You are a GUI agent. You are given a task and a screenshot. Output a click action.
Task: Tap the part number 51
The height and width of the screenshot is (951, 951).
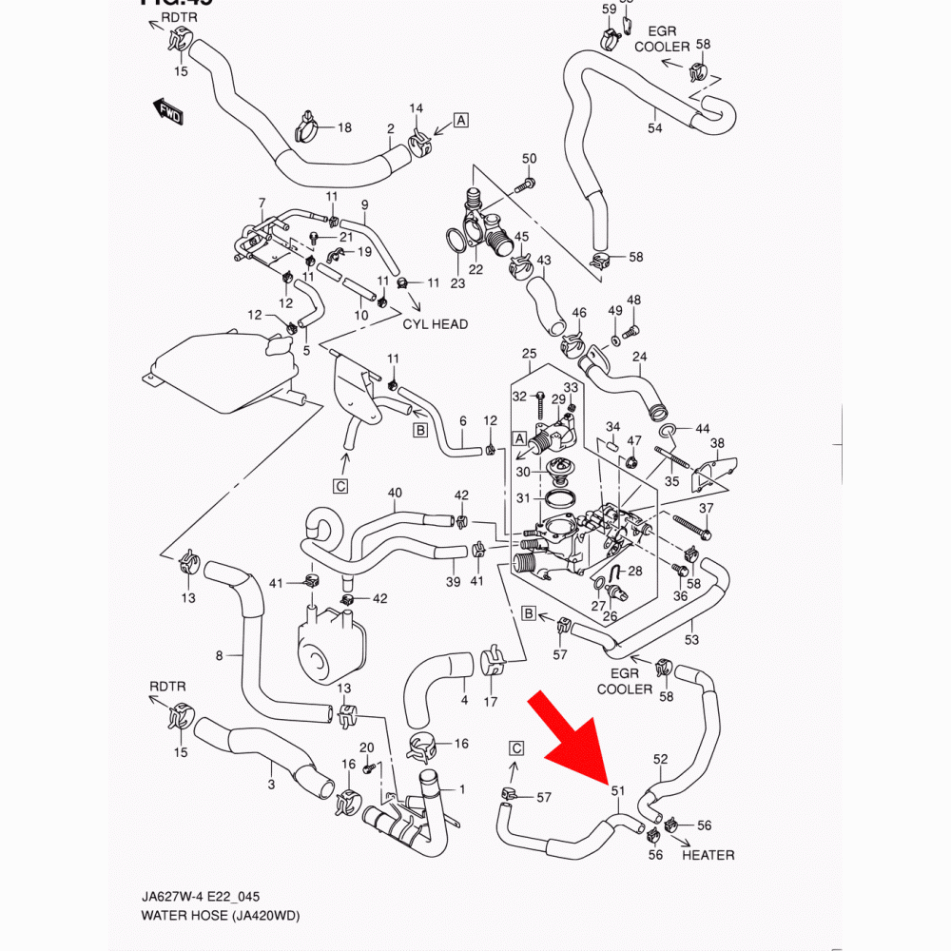(x=617, y=790)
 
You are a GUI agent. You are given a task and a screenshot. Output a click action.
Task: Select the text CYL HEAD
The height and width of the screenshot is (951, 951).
(x=436, y=324)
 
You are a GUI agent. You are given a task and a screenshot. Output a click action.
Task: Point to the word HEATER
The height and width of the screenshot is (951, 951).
(x=708, y=855)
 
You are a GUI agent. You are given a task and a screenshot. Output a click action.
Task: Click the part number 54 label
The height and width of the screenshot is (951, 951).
(x=654, y=128)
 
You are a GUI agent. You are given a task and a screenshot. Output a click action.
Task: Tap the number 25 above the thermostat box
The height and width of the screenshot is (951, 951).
(x=530, y=355)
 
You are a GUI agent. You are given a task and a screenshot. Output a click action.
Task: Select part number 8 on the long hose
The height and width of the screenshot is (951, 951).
(x=219, y=654)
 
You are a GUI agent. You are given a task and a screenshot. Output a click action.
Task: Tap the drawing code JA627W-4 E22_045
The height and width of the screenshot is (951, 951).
(x=195, y=897)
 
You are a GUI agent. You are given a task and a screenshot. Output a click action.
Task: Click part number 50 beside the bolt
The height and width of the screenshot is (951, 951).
(x=530, y=158)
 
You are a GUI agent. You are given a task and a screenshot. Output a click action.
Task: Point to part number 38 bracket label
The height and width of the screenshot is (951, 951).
(x=717, y=443)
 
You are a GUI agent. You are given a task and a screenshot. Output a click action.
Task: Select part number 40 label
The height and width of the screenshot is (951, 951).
(x=395, y=493)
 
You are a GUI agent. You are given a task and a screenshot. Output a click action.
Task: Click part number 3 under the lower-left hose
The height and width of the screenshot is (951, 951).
(x=271, y=785)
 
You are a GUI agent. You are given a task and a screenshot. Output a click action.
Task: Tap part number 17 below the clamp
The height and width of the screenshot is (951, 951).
(x=491, y=703)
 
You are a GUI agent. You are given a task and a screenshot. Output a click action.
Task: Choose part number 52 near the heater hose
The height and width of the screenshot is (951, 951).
(x=661, y=759)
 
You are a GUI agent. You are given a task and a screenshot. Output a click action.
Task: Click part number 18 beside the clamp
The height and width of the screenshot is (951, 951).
(x=343, y=127)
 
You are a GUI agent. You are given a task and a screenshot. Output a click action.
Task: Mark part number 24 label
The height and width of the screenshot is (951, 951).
(x=639, y=358)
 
